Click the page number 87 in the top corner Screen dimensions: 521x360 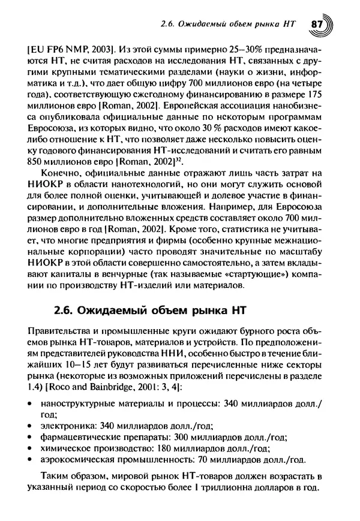pyautogui.click(x=317, y=25)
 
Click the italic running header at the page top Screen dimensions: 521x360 pyautogui.click(x=229, y=25)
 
